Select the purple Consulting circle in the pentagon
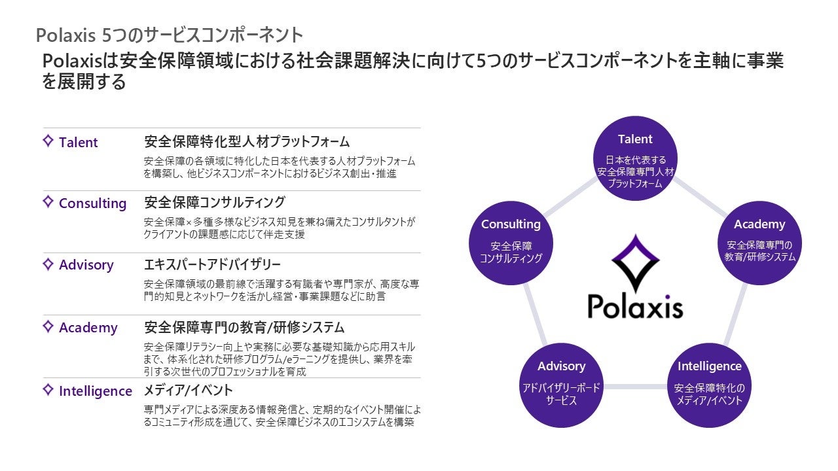tap(511, 241)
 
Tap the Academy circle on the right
tap(759, 241)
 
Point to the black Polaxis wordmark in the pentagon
tap(634, 306)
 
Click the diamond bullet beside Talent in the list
tap(48, 141)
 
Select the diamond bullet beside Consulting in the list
tap(48, 201)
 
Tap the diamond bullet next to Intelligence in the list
tap(48, 390)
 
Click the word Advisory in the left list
tap(86, 265)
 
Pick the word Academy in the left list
tap(88, 328)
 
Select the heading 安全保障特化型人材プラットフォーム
tap(247, 142)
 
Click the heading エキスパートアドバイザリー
tap(212, 265)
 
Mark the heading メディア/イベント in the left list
tap(188, 391)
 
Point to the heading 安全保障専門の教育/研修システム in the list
tap(244, 327)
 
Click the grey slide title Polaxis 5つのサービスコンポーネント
tap(170, 34)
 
